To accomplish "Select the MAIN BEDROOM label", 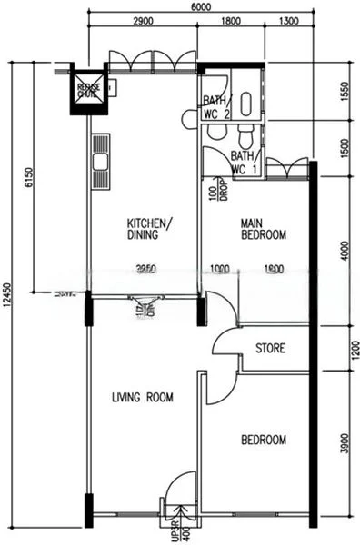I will tap(263, 229).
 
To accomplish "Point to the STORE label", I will tap(271, 348).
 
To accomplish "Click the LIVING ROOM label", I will tap(142, 397).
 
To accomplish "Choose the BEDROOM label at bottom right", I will tap(263, 441).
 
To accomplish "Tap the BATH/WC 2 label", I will tap(216, 106).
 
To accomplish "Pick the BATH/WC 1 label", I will tap(245, 163).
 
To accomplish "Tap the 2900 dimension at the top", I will tap(142, 20).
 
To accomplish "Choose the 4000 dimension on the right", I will tap(343, 249).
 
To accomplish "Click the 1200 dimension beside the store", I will tap(343, 348).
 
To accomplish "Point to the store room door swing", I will tap(225, 342).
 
